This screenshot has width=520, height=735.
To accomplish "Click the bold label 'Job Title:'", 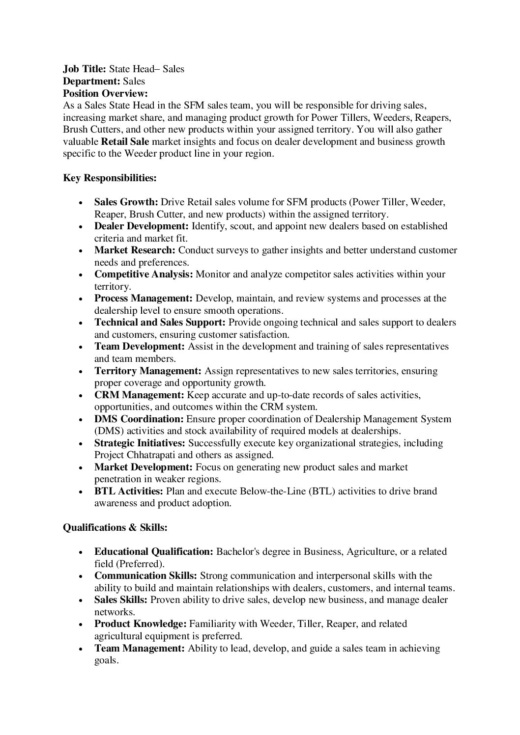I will (85, 69).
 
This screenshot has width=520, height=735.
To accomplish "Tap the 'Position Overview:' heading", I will (105, 93).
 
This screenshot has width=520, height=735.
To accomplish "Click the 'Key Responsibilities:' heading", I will (110, 178).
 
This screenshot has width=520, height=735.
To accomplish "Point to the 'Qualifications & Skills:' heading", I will (116, 527).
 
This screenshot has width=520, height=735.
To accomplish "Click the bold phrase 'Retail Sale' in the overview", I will (125, 142).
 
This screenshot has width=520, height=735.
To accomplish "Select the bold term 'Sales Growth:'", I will (126, 202).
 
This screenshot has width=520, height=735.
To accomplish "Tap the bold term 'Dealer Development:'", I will (142, 226).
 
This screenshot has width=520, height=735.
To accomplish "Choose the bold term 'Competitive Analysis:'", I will (144, 274).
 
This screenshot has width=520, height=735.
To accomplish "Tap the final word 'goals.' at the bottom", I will (106, 660).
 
